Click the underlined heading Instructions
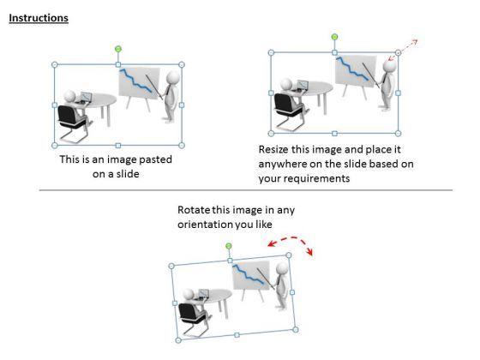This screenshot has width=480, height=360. click(39, 18)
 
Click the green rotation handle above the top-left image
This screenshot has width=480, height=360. click(118, 49)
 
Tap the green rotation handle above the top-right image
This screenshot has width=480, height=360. click(334, 37)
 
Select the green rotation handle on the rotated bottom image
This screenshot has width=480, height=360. click(228, 246)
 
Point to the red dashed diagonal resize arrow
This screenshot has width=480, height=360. click(403, 50)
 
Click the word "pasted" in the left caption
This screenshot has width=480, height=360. click(154, 159)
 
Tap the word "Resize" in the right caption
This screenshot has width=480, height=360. click(273, 149)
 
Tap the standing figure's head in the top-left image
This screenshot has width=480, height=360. click(173, 76)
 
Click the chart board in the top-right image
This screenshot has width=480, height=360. click(356, 71)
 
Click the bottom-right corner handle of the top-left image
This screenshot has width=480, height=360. click(182, 146)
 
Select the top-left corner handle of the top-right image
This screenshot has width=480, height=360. click(271, 52)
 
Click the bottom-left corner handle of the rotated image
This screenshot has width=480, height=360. click(178, 340)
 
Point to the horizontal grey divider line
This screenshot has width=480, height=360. click(246, 190)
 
